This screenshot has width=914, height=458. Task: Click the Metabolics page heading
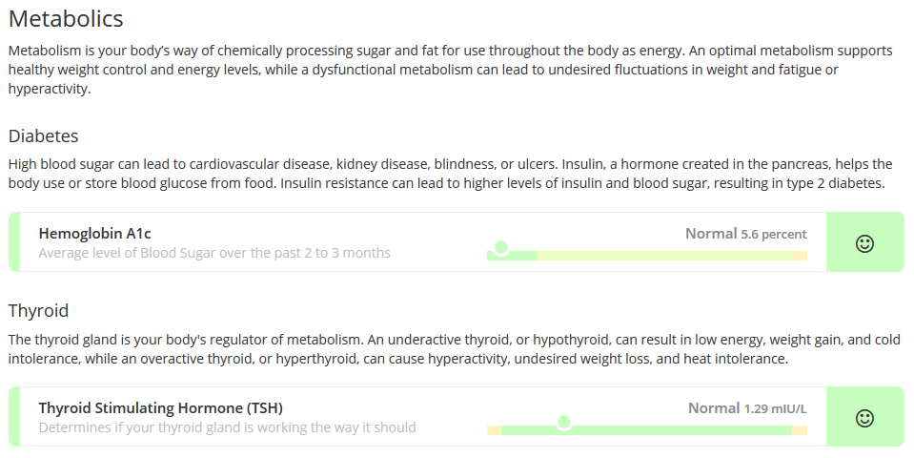(66, 19)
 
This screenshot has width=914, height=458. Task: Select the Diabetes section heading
(43, 135)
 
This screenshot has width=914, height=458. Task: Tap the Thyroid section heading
(38, 310)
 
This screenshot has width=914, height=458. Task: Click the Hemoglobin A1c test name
(95, 234)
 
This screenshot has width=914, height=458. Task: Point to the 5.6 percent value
(774, 235)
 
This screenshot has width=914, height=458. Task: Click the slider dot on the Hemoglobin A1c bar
(500, 248)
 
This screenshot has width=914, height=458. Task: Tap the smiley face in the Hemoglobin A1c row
(864, 243)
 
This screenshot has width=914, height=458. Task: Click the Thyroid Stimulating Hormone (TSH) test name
(161, 407)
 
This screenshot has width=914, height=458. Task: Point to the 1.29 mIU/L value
(775, 409)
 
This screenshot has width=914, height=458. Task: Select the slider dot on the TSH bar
(563, 422)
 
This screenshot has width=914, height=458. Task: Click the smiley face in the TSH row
(864, 418)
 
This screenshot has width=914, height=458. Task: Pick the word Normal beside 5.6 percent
(711, 234)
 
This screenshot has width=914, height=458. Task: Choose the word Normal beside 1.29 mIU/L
(714, 408)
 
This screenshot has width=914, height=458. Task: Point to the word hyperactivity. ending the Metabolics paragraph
(50, 89)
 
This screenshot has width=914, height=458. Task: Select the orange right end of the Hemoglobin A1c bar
(800, 256)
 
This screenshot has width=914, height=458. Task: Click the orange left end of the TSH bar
(495, 430)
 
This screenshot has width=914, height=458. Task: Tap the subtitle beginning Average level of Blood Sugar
(214, 253)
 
